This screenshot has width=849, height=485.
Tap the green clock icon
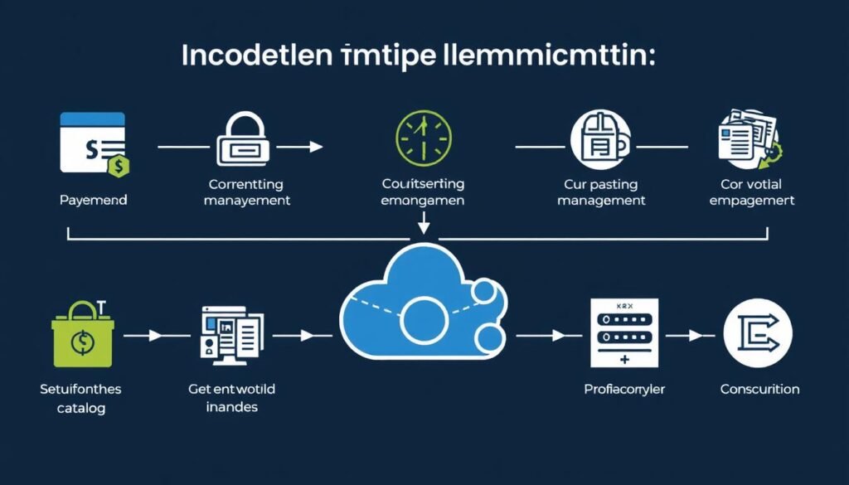click(x=423, y=137)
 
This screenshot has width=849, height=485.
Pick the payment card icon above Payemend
click(x=93, y=141)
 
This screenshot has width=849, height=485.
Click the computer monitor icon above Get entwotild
click(x=231, y=333)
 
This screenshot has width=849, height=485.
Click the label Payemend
click(x=93, y=201)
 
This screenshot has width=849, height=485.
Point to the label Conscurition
click(x=759, y=389)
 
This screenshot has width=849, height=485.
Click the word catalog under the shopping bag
click(x=81, y=408)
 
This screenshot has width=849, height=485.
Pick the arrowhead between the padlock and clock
click(x=316, y=147)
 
